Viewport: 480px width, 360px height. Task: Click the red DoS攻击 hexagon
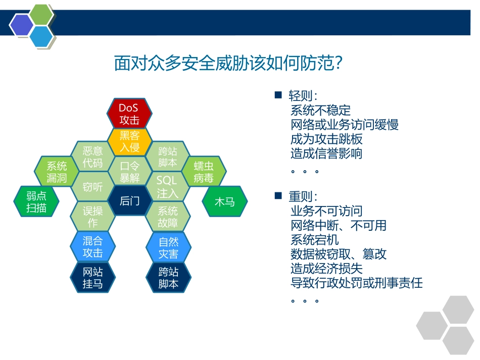coord(129,114)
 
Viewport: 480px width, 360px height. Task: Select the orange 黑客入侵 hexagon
coord(129,141)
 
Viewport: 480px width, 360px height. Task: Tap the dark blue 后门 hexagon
coord(129,201)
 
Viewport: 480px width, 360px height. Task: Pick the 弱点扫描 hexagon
coord(36,201)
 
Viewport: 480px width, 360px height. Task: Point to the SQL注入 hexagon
coord(168,187)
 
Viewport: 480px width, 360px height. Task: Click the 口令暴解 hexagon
coord(129,172)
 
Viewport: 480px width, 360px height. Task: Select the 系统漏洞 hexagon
coord(57,172)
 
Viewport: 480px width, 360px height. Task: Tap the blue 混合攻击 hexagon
coord(92,247)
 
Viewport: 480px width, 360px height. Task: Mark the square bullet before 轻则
coord(277,95)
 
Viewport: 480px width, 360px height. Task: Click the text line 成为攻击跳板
coord(326,139)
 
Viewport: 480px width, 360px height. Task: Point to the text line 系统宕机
coord(314,239)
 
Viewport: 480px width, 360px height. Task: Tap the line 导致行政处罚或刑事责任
coord(356,283)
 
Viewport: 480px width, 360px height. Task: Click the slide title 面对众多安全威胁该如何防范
coord(229,64)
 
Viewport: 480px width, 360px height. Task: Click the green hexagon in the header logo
coord(42,15)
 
